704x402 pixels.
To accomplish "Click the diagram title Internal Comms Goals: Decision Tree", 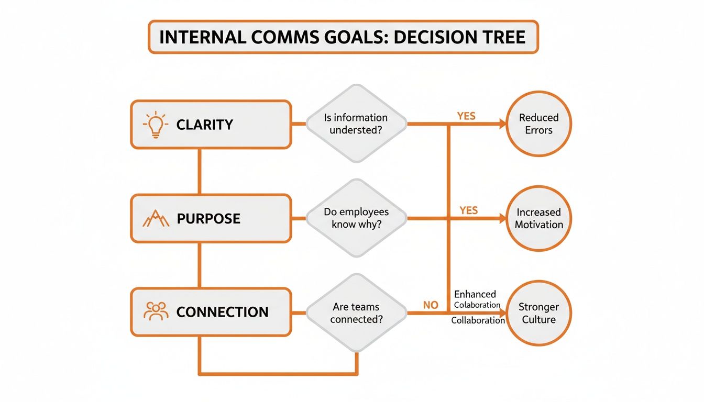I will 343,37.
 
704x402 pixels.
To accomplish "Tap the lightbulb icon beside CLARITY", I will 155,125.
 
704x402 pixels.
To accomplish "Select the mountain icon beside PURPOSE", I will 156,218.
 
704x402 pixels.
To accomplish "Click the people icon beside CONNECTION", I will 155,311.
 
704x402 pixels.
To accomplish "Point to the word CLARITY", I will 205,125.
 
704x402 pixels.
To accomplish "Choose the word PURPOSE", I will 208,218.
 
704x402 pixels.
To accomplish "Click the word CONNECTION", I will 222,312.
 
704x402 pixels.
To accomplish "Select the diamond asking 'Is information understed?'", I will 356,124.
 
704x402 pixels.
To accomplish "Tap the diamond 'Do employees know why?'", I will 356,218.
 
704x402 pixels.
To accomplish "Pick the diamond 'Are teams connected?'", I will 356,313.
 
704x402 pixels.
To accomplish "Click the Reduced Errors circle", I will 538,124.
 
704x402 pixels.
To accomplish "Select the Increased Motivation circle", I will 538,218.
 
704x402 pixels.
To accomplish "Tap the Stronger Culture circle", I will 538,313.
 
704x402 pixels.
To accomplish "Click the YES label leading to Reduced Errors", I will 466,116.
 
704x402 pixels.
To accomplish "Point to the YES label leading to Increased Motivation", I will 468,210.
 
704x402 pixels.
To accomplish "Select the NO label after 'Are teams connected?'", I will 430,305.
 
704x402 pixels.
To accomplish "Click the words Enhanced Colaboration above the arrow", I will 476,299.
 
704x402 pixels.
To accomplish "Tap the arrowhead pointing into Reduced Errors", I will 503,124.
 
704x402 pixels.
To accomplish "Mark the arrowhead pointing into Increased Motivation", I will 503,218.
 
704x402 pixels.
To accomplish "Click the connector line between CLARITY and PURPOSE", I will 200,171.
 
